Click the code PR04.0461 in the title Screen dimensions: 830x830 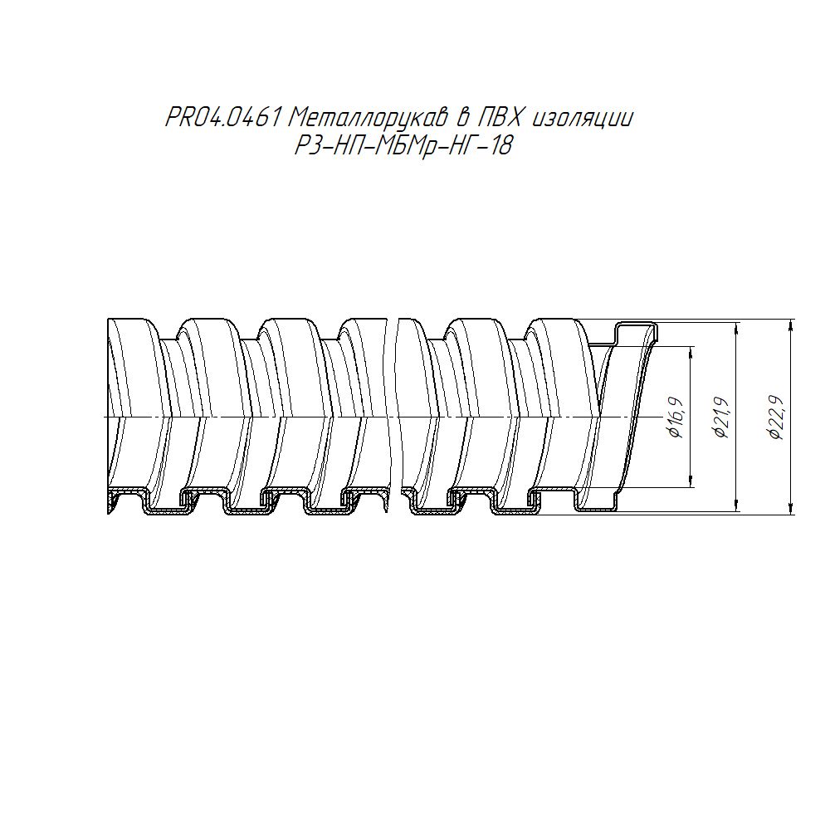[222, 118]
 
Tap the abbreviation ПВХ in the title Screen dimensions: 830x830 [500, 118]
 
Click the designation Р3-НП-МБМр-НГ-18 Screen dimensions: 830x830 [404, 145]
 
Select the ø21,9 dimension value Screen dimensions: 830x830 [722, 417]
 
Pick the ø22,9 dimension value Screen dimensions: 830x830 [777, 417]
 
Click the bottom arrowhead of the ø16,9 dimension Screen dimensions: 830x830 [691, 481]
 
